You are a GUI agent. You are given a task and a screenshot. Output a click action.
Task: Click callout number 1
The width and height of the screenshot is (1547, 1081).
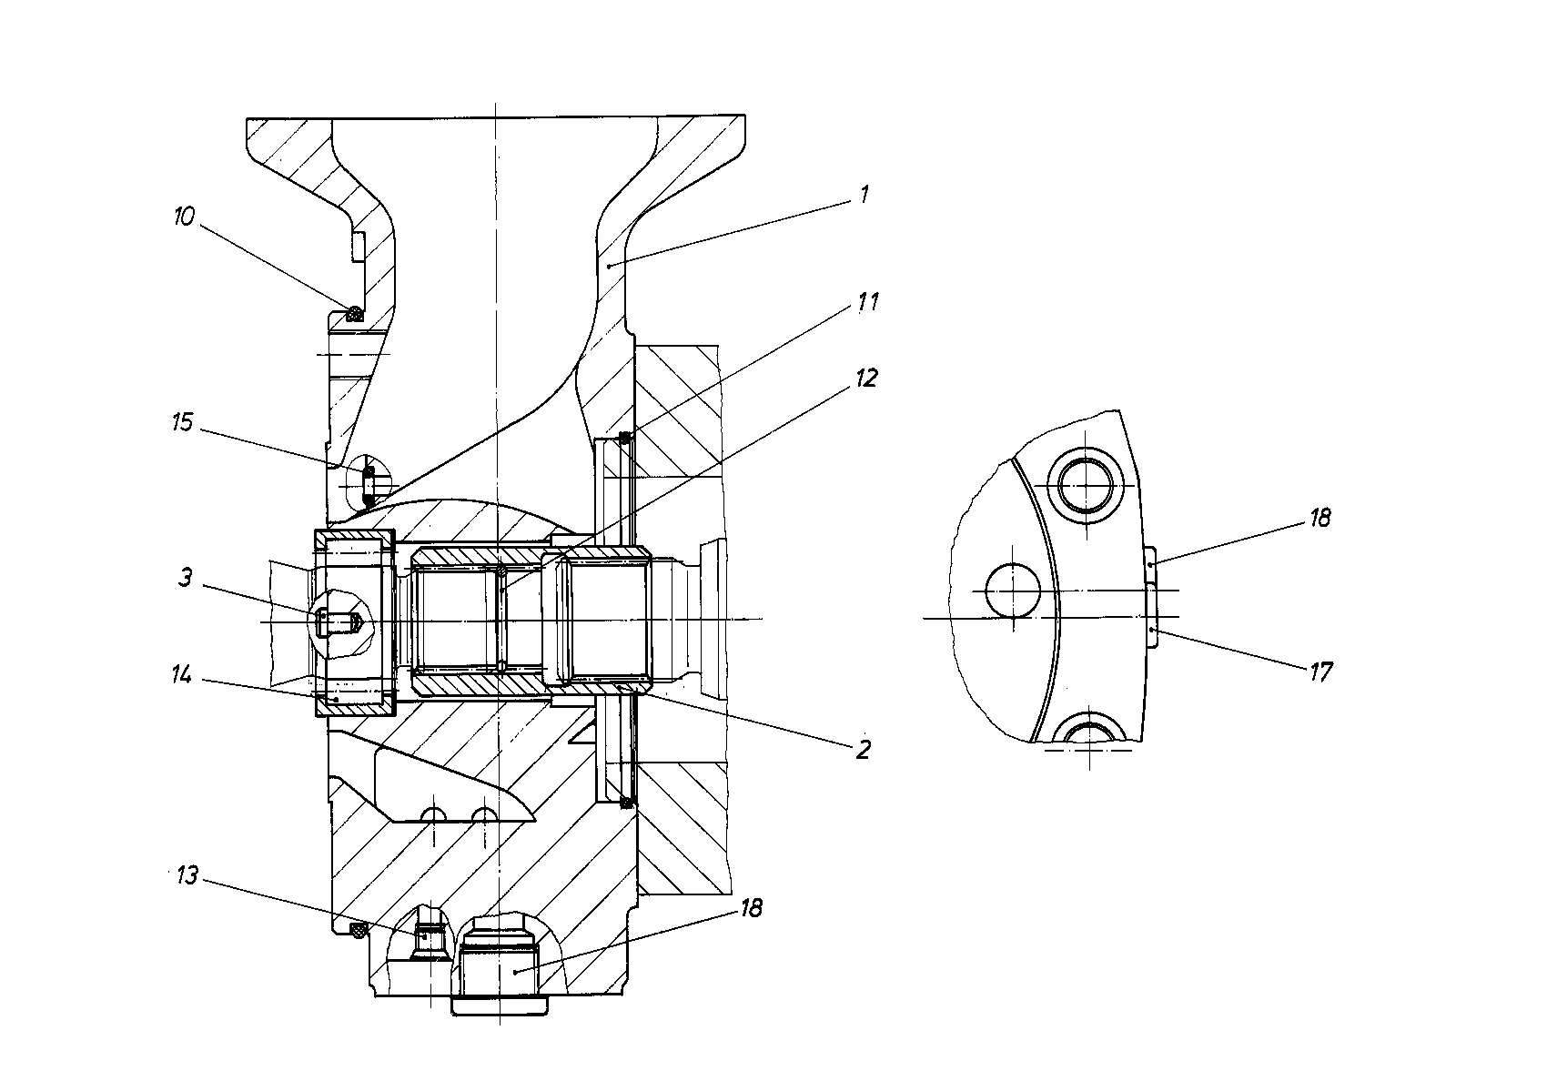tap(864, 195)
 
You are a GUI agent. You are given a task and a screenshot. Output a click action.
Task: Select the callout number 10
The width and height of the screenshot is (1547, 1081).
tap(185, 217)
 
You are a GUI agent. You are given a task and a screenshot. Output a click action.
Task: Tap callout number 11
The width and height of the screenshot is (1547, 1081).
tap(867, 302)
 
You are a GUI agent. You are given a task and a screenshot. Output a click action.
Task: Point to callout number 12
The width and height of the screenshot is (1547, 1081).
tap(866, 378)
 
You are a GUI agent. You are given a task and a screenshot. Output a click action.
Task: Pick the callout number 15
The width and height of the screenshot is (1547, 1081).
tap(182, 422)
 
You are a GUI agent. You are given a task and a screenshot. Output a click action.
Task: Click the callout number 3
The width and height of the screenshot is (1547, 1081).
tap(185, 578)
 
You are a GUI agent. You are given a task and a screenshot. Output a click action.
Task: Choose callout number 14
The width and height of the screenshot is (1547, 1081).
tap(182, 674)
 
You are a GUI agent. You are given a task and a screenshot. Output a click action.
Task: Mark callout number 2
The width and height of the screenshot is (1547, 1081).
tap(864, 750)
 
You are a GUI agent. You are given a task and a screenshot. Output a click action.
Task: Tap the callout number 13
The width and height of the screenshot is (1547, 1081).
tap(187, 876)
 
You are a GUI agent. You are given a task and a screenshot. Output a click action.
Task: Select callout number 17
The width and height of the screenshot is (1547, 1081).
tap(1321, 672)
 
